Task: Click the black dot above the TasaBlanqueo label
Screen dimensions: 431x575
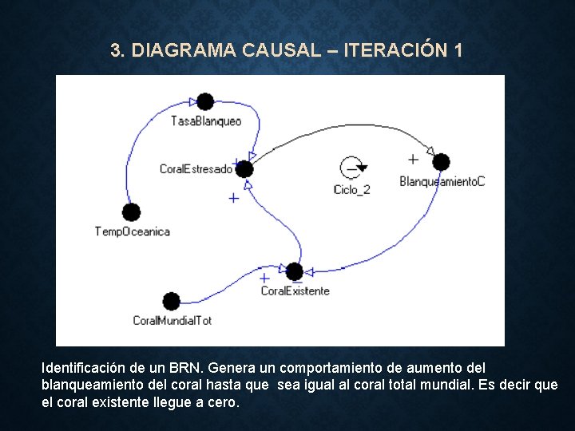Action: pyautogui.click(x=205, y=101)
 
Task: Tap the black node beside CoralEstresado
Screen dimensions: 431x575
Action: pyautogui.click(x=244, y=169)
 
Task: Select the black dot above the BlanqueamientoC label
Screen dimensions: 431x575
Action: pyautogui.click(x=441, y=162)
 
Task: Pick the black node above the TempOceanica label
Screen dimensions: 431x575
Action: pyautogui.click(x=131, y=212)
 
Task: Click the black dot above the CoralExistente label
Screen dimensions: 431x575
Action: pyautogui.click(x=295, y=271)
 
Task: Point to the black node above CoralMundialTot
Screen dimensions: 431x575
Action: pyautogui.click(x=171, y=301)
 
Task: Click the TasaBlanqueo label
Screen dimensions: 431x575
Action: pyautogui.click(x=206, y=121)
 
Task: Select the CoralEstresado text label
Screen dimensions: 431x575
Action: pyautogui.click(x=196, y=169)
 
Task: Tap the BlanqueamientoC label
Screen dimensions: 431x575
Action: pyautogui.click(x=442, y=182)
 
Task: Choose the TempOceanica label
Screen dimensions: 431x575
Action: pyautogui.click(x=133, y=231)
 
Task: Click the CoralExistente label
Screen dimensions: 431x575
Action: pyautogui.click(x=295, y=291)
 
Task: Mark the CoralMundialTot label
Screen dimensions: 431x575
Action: pyautogui.click(x=172, y=321)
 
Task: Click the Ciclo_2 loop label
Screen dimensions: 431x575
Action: pyautogui.click(x=352, y=190)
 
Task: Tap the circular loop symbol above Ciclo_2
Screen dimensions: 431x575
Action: pyautogui.click(x=352, y=168)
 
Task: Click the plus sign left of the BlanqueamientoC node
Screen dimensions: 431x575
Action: pyautogui.click(x=413, y=160)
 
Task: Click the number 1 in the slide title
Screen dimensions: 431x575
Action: pyautogui.click(x=457, y=50)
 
